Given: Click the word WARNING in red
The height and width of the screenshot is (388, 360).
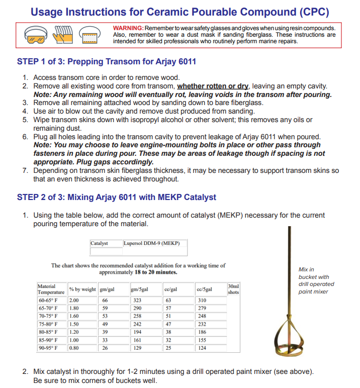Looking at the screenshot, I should pos(128,28).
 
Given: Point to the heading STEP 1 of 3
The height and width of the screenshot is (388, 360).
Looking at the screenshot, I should pos(106,62).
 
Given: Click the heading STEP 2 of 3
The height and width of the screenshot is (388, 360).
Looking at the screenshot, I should pos(117,197).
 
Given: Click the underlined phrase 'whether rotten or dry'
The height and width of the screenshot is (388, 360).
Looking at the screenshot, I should pos(213,86).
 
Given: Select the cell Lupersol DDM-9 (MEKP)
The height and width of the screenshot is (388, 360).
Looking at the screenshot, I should pos(151,243).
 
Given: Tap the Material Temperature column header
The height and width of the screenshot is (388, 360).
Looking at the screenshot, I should pos(51,289).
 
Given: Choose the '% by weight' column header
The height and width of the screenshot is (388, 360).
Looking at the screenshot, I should pos(82,289).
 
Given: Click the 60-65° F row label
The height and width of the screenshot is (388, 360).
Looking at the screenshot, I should pos(48,300).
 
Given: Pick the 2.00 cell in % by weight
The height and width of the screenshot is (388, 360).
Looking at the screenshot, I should pos(74,300).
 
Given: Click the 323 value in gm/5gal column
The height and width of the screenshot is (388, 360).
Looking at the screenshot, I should pos(136,300).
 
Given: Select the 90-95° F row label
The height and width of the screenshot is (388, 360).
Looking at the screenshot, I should pos(48,348).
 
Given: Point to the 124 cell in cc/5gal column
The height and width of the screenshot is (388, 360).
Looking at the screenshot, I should pos(202,348).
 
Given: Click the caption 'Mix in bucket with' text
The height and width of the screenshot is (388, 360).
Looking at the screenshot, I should pos(314,273).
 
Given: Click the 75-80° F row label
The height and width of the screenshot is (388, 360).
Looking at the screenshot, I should pos(48,324).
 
